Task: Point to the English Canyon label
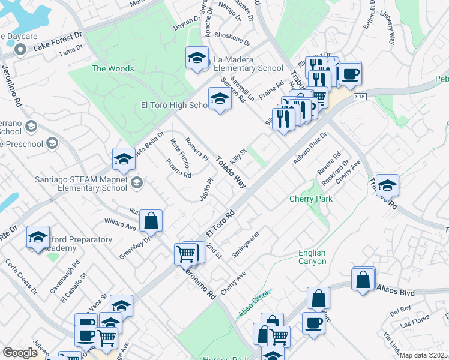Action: coord(312,257)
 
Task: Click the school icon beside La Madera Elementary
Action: coord(196,58)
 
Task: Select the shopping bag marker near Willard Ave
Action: coord(151,221)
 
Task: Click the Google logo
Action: coord(20,353)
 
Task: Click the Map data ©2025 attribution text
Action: coord(424,355)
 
